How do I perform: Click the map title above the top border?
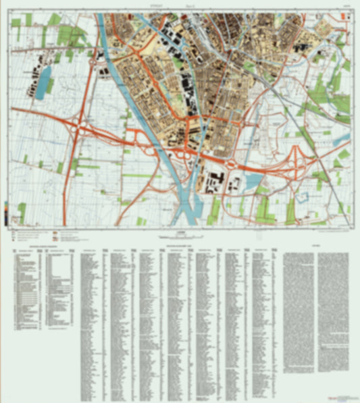(179, 7)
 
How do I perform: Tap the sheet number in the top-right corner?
(345, 8)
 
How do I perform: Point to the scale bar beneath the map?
(179, 238)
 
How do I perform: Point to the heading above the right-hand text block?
(315, 245)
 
